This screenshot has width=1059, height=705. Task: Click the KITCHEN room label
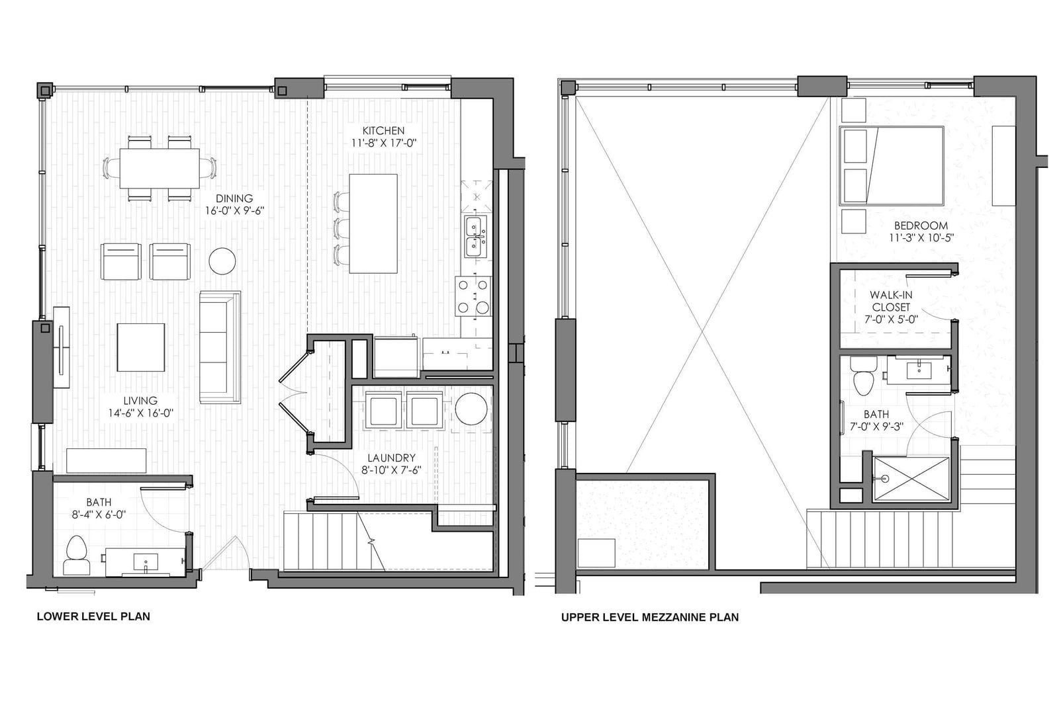(x=383, y=130)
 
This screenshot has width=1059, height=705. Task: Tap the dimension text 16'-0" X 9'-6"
(x=234, y=210)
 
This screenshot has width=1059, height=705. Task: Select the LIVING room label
(x=140, y=401)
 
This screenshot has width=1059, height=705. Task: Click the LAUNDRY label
(x=391, y=458)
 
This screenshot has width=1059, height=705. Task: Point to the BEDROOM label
(x=921, y=226)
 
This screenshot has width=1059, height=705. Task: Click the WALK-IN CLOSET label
(x=891, y=301)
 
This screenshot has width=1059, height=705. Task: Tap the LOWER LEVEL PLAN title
(x=93, y=616)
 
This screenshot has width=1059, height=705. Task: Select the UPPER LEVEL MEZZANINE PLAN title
(x=649, y=617)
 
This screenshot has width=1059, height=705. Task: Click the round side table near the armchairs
(x=222, y=261)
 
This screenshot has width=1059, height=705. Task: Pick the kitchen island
(x=373, y=224)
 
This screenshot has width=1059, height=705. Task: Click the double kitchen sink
(x=474, y=237)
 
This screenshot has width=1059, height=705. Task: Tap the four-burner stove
(x=473, y=296)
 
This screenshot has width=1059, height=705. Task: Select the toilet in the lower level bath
(x=77, y=556)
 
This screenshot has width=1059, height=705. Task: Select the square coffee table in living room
(x=141, y=348)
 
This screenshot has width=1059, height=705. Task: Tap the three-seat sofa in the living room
(x=220, y=347)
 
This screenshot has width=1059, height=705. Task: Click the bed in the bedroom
(x=891, y=165)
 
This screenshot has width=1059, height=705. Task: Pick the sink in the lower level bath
(x=146, y=562)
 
